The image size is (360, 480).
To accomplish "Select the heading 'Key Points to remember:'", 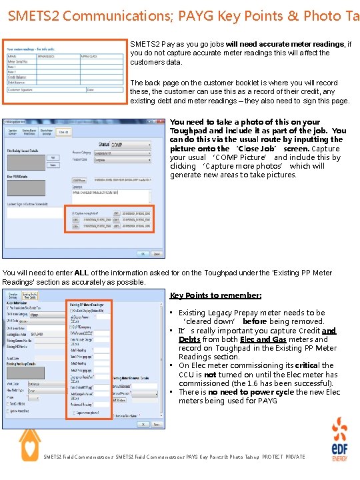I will [x=206, y=295].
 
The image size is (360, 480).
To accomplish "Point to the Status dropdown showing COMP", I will [x=124, y=145].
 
